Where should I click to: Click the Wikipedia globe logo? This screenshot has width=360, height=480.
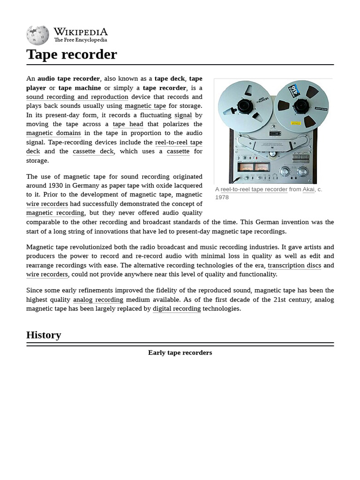tap(37, 35)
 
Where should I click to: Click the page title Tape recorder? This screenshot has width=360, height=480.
tap(71, 54)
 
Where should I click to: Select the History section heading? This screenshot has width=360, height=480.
tap(44, 335)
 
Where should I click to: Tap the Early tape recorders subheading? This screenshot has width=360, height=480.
tap(180, 352)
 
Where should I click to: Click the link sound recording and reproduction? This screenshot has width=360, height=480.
tap(77, 97)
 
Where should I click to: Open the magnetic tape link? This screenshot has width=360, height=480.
tap(145, 106)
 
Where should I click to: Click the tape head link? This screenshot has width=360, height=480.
tap(128, 124)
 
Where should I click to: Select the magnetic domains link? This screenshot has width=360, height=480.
tap(53, 133)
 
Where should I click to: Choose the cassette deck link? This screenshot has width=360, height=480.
tap(93, 151)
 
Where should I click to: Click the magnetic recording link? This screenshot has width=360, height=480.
tap(55, 213)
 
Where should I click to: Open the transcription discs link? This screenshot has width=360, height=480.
tap(294, 265)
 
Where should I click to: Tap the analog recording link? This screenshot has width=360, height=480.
tap(98, 300)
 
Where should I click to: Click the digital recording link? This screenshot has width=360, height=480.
tap(177, 309)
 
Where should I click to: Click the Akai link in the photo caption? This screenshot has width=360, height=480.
tap(308, 189)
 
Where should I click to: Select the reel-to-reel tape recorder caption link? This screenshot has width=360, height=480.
tap(254, 189)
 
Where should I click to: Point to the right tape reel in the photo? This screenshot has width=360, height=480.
tap(300, 107)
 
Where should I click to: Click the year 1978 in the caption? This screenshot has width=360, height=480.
tap(222, 197)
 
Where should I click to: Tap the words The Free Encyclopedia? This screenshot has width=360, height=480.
tap(80, 40)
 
